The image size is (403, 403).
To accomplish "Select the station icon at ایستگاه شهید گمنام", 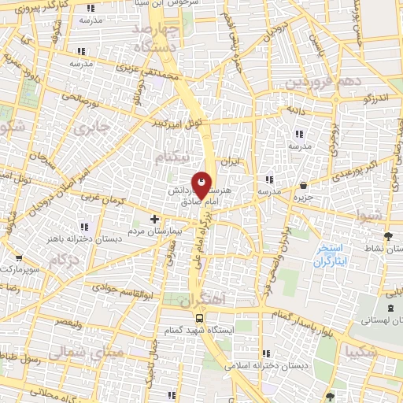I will click(x=199, y=319).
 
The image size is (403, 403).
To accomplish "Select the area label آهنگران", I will click(x=203, y=300).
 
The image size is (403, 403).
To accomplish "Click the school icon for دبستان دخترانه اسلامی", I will click(x=266, y=353).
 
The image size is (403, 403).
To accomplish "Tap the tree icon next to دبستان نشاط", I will click(x=386, y=235).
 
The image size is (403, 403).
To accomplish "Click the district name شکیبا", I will click(x=370, y=352).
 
